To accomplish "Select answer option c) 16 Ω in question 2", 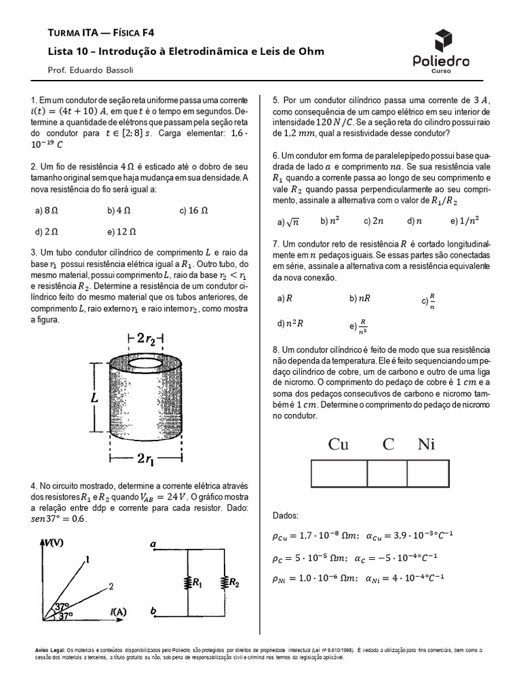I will pos(193,211).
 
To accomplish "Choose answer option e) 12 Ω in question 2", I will pos(122,230).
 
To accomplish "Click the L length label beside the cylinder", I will pos(95,400).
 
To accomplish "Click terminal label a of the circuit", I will pos(153,544).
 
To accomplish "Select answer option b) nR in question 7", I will pos(360,298).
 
